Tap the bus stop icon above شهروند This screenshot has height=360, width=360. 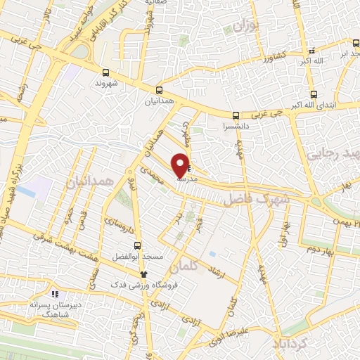105,72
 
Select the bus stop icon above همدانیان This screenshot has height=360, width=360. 160,90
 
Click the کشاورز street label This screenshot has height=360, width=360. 267,56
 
